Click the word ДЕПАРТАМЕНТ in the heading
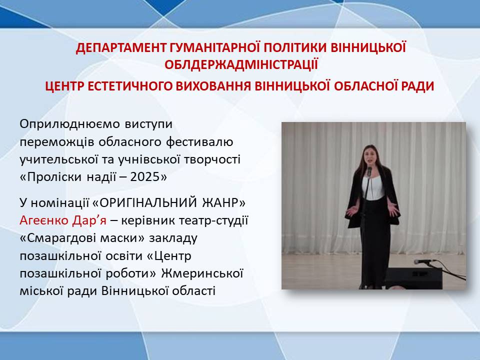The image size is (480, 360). [x=120, y=48]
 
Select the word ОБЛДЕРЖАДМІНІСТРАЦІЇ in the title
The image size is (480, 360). [x=241, y=65]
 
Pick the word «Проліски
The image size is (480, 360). [x=51, y=177]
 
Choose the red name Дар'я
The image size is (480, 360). [x=89, y=220]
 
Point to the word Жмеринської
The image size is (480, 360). [x=202, y=273]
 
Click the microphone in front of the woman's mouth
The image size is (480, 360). [x=369, y=171]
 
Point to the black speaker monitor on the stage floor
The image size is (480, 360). [x=413, y=278]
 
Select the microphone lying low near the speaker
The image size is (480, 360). [x=424, y=261]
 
